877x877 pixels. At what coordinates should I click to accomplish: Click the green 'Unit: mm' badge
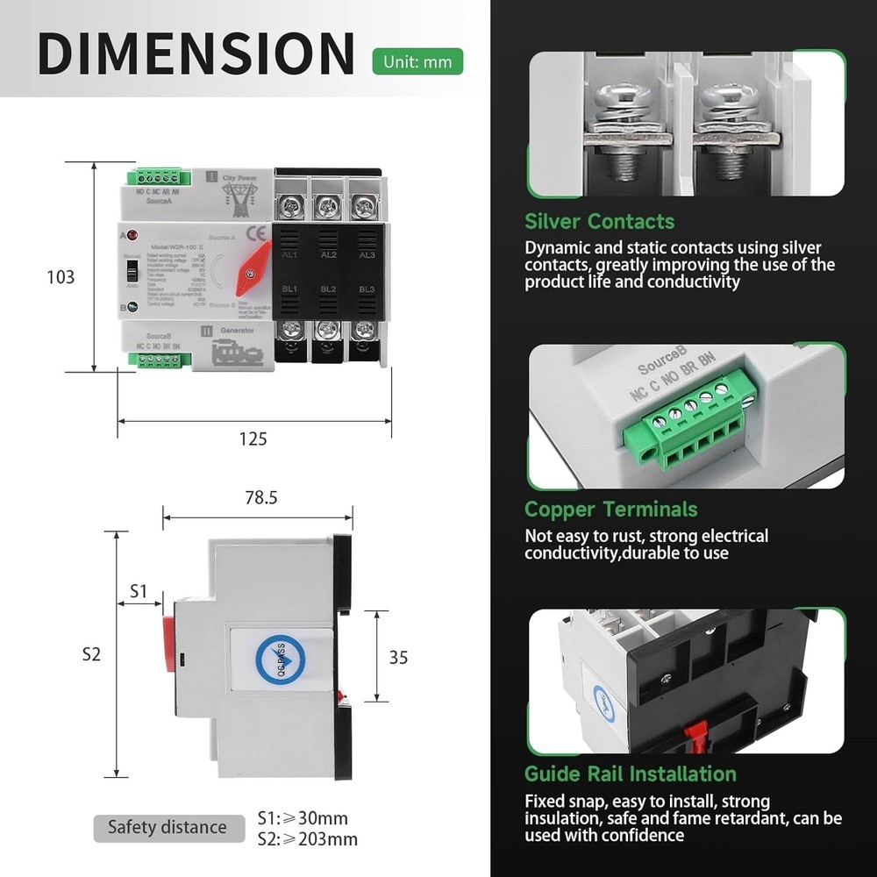coord(417,62)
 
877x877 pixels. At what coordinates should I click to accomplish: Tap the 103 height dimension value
coord(61,277)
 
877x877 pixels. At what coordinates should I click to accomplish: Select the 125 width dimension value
coord(253,438)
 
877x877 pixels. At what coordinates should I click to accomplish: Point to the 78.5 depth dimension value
coord(260,497)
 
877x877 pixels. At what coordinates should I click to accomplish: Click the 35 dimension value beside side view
coord(398,657)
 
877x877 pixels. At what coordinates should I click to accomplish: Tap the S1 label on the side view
coord(139,591)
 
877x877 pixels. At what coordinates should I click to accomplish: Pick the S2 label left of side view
coord(92,654)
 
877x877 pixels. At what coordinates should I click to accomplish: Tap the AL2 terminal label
coord(328,255)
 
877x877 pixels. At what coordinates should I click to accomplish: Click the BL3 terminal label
coord(366,289)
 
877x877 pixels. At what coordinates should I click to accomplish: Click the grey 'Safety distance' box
coord(167,827)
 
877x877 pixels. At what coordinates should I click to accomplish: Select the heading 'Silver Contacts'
coord(599,221)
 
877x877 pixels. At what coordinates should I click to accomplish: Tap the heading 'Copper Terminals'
coord(610,510)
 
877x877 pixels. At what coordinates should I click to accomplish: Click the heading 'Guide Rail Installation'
coord(630,774)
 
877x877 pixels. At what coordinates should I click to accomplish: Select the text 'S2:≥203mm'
coord(307,839)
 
